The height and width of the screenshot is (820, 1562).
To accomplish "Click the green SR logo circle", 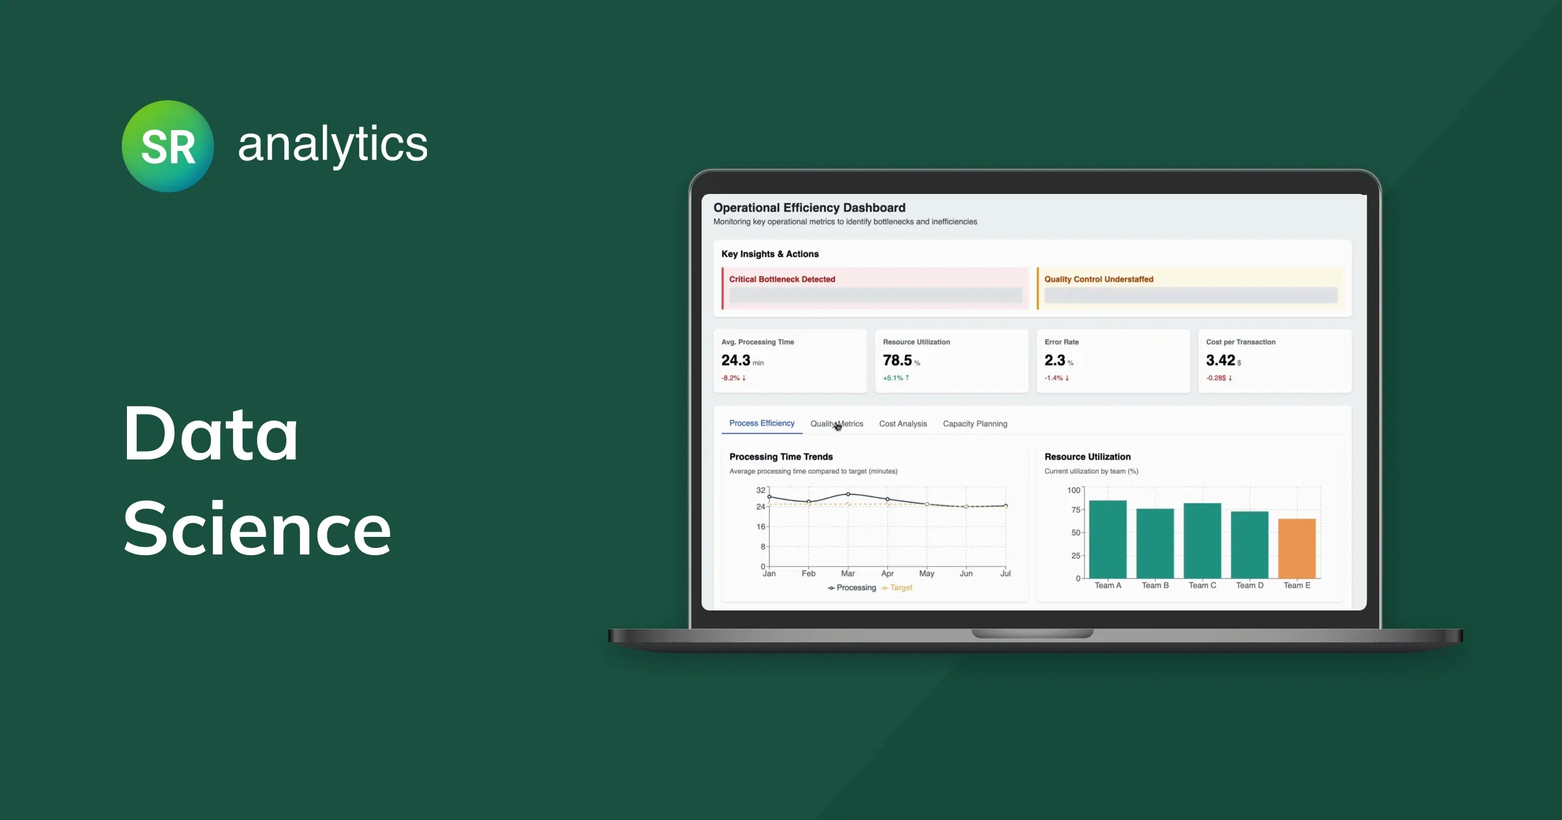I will (x=167, y=146).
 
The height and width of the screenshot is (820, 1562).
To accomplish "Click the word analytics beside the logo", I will (x=333, y=144).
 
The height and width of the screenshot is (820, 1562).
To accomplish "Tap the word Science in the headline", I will (x=257, y=528).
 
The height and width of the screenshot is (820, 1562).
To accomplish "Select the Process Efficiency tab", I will (x=761, y=423).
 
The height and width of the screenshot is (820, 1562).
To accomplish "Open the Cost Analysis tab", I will (x=903, y=424).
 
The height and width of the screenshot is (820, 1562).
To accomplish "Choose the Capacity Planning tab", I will (x=974, y=424).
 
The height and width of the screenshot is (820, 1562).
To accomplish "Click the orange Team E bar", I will (x=1296, y=548).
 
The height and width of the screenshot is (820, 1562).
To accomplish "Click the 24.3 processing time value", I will (x=735, y=361).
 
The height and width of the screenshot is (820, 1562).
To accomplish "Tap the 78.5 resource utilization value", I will (x=897, y=361).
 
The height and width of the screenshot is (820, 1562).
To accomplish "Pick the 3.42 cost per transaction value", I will (x=1220, y=361).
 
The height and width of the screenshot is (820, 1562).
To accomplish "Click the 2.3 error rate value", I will (x=1054, y=361).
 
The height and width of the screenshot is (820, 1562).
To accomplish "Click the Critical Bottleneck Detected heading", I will (x=782, y=279).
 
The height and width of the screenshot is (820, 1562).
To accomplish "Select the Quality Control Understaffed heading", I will (x=1099, y=279).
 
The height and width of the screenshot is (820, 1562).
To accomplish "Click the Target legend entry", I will (x=900, y=588).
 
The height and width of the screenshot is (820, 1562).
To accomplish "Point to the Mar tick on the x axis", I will (x=847, y=573).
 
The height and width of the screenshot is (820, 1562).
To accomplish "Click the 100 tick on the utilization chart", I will (x=1073, y=490).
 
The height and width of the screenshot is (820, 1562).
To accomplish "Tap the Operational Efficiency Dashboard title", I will (x=809, y=208).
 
